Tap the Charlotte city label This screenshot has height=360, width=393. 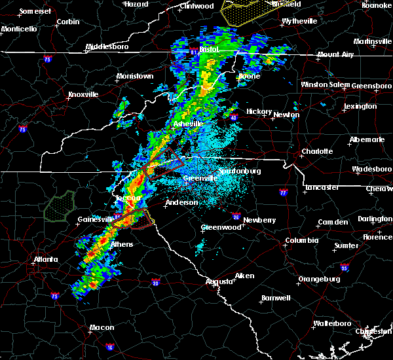[316, 151]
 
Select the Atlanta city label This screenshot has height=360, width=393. [48, 259]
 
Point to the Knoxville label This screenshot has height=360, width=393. [83, 94]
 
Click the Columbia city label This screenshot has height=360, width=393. [301, 240]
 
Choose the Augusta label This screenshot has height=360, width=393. [219, 281]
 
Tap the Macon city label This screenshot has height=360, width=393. [83, 327]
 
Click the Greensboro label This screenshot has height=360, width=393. [372, 86]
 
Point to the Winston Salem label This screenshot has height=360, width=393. [325, 84]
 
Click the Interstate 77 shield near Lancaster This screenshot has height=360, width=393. [283, 193]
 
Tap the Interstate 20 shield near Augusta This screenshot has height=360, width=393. [155, 282]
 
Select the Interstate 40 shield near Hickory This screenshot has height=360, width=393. [233, 118]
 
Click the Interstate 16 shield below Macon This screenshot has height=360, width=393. [109, 348]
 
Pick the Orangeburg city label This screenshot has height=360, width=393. [320, 279]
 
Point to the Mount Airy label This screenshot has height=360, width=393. [337, 54]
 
